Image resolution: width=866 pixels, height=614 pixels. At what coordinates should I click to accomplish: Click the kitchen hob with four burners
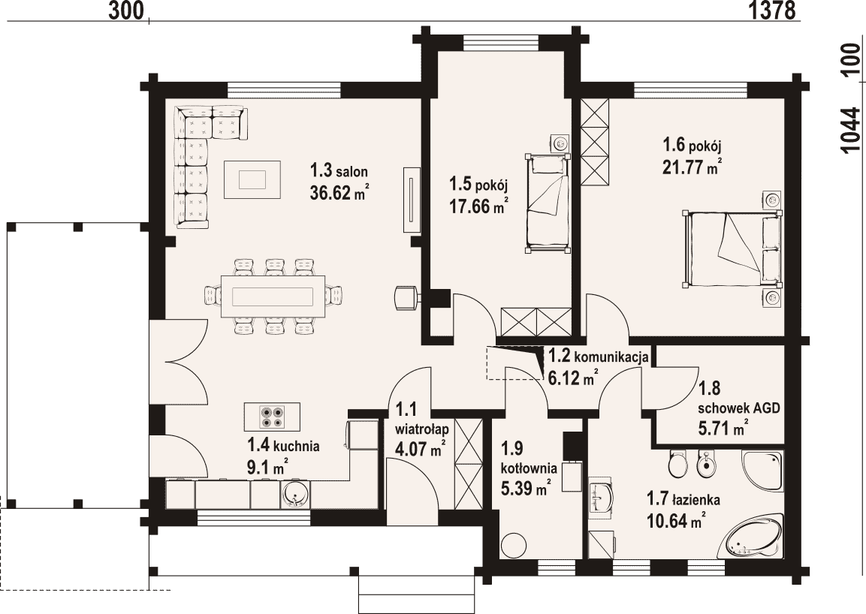273,417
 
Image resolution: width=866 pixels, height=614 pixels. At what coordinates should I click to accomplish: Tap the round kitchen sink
297,495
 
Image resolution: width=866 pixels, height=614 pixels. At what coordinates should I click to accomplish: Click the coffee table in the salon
252,179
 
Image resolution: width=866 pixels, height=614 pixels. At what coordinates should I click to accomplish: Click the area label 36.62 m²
339,193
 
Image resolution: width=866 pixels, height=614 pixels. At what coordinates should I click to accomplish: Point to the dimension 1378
773,10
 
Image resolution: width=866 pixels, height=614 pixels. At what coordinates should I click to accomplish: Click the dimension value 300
126,10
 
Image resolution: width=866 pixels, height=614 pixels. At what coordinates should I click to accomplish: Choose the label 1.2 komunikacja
598,356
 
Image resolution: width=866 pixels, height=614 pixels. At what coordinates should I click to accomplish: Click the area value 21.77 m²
692,166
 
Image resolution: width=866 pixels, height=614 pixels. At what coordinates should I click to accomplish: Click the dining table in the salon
273,296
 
